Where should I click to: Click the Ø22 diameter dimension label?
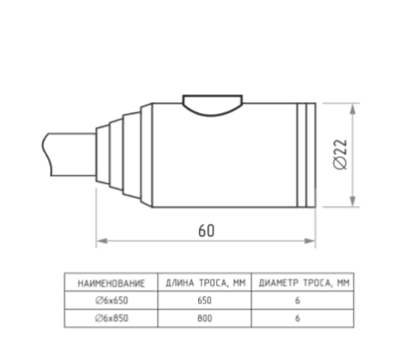point(340,154)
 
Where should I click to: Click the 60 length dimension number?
point(206,231)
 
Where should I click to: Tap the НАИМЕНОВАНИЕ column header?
point(111,283)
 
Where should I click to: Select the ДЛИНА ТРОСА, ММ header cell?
point(205,283)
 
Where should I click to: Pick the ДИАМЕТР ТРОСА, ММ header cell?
point(304,283)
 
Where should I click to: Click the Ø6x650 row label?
point(111,301)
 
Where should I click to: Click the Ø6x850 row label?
point(111,318)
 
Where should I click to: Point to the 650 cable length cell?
point(204,301)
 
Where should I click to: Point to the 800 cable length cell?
point(204,318)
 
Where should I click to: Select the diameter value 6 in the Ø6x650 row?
point(297,301)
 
